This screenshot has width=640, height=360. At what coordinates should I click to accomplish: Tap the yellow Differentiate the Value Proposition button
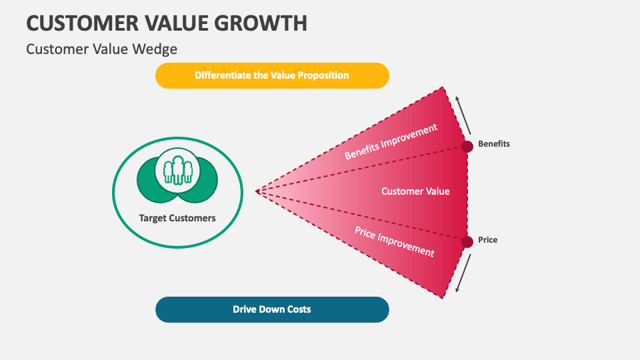[272, 75]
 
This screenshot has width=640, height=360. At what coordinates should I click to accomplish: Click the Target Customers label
[177, 218]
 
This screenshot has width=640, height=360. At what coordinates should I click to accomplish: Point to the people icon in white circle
[177, 169]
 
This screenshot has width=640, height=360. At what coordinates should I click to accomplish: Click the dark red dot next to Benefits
[467, 146]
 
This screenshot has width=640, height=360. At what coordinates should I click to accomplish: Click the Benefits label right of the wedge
[494, 144]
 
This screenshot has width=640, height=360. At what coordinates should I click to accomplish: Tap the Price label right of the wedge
[488, 240]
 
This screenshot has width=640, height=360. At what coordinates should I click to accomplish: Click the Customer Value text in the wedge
[415, 191]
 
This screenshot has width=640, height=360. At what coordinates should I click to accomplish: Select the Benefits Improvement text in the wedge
[391, 141]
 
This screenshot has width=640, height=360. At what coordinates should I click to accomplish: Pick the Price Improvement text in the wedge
[394, 241]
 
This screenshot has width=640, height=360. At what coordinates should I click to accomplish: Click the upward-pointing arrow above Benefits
[464, 114]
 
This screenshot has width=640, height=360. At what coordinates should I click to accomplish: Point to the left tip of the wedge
[257, 191]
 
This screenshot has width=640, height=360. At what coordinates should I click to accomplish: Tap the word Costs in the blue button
[298, 309]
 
